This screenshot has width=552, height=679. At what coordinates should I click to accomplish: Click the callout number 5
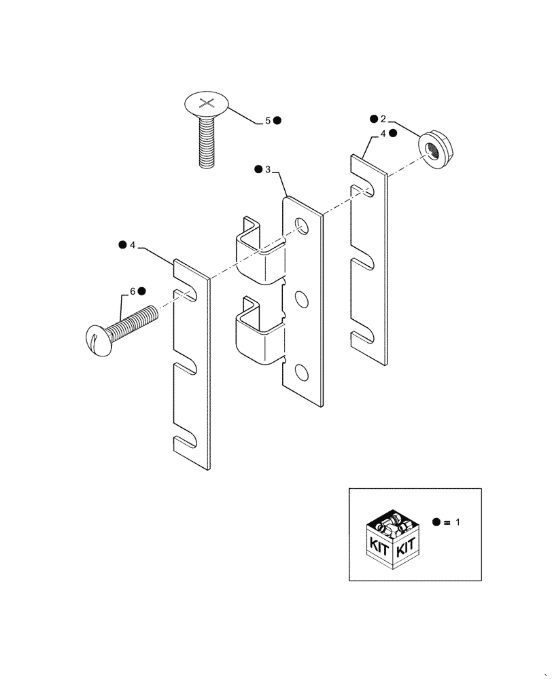(x=268, y=120)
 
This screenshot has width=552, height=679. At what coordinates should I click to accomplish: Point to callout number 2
(x=383, y=120)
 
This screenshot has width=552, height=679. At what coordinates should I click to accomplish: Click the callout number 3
(x=269, y=168)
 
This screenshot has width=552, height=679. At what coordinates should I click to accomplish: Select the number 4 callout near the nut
(x=383, y=134)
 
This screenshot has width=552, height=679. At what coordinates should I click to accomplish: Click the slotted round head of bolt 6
(x=99, y=335)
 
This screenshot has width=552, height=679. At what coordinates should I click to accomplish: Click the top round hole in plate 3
(x=300, y=226)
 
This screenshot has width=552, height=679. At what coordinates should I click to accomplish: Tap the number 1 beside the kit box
(x=458, y=523)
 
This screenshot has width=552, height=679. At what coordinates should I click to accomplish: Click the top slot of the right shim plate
(x=364, y=189)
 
